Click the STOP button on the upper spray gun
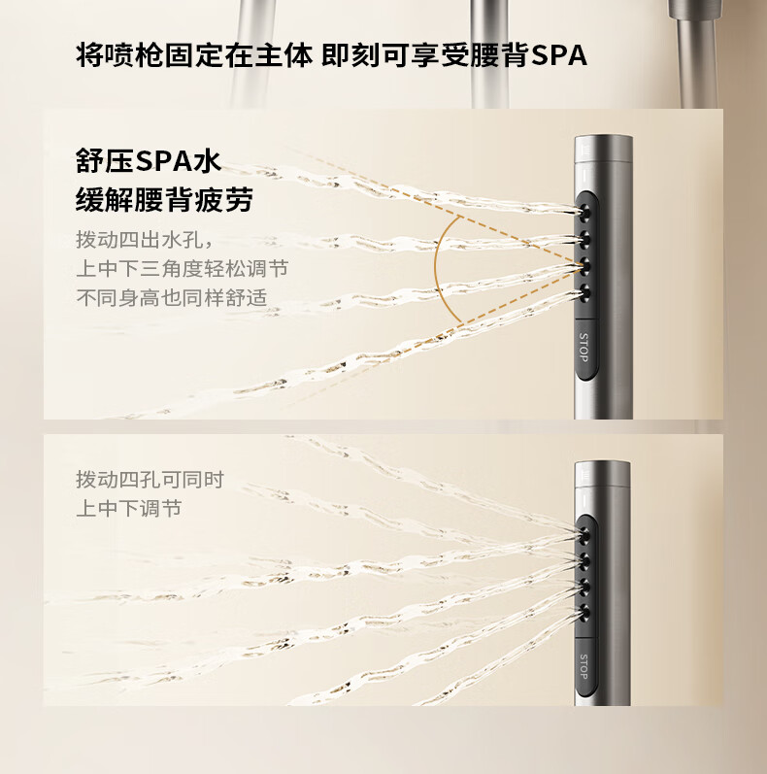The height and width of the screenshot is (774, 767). coord(584,349)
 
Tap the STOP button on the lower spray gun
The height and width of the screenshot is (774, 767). coord(584,666)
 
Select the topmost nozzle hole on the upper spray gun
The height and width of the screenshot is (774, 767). coord(585,212)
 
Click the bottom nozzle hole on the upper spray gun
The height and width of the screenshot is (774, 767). coord(585,293)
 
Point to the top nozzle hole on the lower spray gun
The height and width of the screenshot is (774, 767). coord(585,534)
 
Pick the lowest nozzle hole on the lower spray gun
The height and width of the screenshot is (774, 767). coord(585,613)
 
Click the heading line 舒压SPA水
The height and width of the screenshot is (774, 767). coord(149,160)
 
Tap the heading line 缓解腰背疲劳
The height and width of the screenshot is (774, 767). coord(164,199)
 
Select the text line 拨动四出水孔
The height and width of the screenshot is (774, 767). coord(144,240)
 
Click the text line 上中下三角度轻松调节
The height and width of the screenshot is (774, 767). coord(183,269)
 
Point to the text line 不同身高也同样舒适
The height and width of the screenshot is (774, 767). coord(172,297)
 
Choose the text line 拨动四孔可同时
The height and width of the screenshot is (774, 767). coord(150,480)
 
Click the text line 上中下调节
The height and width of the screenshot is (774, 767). coord(129,509)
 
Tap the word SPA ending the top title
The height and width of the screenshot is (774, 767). coord(559,55)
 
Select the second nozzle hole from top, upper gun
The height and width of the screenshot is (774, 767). coord(585,239)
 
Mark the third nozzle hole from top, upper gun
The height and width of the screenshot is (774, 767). coord(585,266)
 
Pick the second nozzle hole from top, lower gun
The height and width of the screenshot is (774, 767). coord(585,560)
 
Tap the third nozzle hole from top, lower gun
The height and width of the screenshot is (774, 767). coord(585,587)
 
